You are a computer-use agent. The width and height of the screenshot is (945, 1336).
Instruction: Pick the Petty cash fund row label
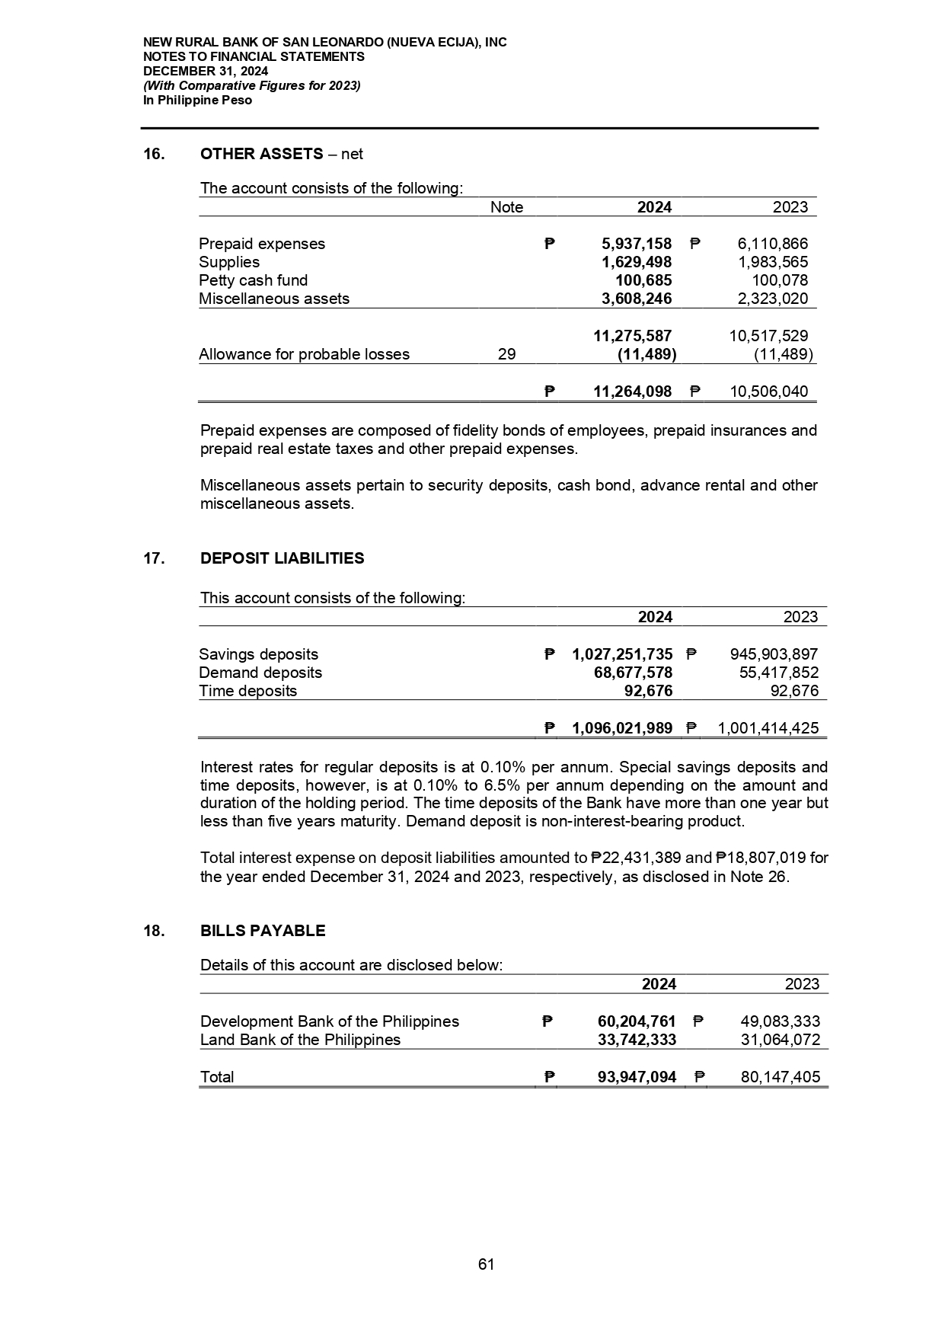pos(253,280)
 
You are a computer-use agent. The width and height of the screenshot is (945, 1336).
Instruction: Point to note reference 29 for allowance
pos(506,354)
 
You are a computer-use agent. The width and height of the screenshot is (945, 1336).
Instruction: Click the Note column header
pos(506,207)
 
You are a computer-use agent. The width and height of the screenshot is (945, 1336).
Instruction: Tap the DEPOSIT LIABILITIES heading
pos(282,558)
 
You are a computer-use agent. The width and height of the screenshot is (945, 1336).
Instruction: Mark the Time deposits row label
pos(247,691)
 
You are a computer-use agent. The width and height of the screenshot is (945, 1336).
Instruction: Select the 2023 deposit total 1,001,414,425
pos(768,728)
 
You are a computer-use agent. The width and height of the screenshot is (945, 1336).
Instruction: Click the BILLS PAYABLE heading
pos(263,931)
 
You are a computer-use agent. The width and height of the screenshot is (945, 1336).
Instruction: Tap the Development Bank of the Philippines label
pos(329,1021)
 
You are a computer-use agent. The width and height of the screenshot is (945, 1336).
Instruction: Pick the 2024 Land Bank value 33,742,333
pos(637,1040)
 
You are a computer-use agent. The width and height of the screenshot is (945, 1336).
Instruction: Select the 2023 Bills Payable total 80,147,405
pos(780,1077)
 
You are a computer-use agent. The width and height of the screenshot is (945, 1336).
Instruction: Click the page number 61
pos(487,1264)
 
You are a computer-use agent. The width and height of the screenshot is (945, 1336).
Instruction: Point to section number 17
pos(154,558)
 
